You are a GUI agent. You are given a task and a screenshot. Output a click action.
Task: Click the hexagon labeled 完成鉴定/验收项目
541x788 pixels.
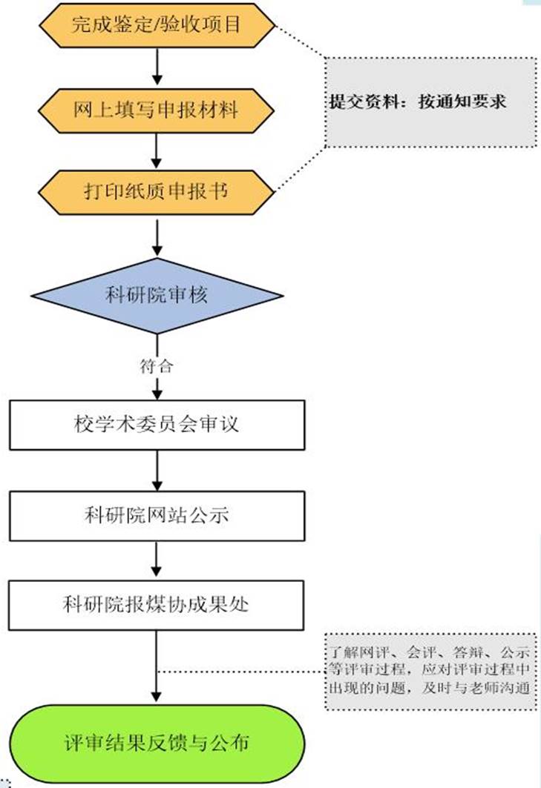click(x=157, y=27)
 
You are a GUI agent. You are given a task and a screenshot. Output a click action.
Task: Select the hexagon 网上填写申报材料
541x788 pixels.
click(x=157, y=110)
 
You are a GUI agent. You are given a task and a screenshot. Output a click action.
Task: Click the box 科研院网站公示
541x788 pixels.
click(x=157, y=514)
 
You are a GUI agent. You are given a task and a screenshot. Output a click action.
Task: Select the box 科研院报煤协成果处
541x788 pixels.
click(x=157, y=604)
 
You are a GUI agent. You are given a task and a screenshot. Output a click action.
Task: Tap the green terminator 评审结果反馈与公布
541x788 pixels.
click(x=157, y=741)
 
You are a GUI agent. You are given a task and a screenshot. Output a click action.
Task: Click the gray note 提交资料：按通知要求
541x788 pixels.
click(x=430, y=102)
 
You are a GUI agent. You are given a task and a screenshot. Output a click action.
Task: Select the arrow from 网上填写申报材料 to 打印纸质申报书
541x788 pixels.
click(x=157, y=150)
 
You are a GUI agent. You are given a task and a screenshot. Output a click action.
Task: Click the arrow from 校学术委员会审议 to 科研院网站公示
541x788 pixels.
click(x=157, y=470)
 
